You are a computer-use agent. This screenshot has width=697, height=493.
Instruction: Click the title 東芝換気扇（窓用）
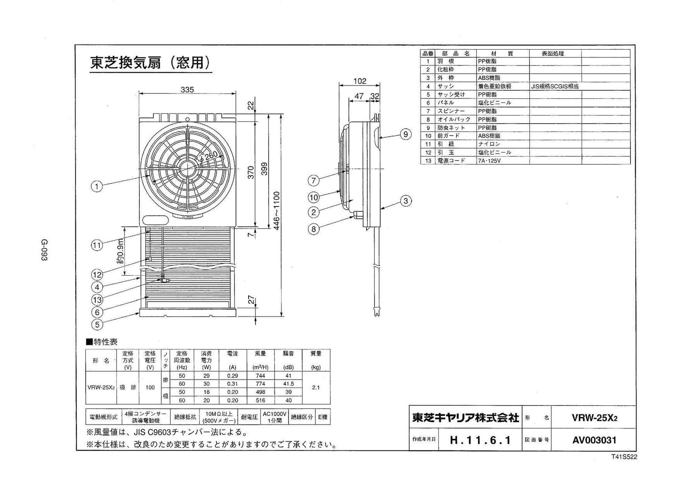[150, 63]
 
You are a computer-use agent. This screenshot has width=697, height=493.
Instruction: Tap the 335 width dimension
[187, 90]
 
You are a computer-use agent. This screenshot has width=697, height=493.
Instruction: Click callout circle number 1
[97, 186]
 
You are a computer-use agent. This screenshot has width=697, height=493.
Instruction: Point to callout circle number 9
[405, 134]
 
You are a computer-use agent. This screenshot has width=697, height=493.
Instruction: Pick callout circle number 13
[97, 300]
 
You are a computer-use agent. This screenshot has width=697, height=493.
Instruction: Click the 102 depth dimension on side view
[360, 81]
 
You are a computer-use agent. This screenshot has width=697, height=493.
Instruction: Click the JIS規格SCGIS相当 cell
[555, 86]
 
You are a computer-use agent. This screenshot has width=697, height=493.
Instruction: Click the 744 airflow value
[261, 376]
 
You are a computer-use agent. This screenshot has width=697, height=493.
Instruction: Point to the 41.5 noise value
[288, 384]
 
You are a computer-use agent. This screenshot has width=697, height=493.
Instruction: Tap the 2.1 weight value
[316, 388]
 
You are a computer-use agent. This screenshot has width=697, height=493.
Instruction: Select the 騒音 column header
[288, 353]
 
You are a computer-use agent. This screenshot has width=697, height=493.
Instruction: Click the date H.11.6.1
[480, 440]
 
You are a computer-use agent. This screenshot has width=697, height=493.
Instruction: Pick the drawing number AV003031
[594, 440]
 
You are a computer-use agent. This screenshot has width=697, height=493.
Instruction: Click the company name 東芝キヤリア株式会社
[465, 417]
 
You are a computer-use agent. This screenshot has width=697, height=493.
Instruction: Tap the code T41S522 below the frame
[624, 457]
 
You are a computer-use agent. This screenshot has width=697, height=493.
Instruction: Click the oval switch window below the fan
[156, 220]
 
